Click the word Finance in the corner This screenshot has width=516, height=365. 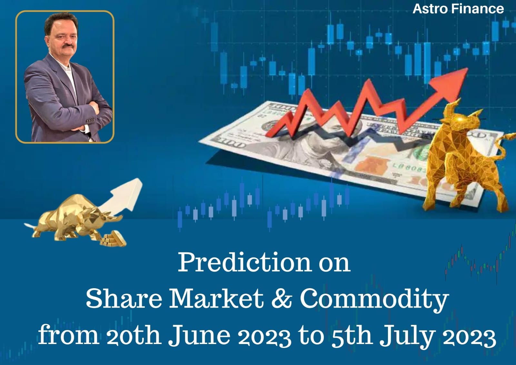478,9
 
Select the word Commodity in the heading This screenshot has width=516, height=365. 374,300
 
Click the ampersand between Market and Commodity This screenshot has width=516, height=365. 282,299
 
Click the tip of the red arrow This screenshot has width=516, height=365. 468,68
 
